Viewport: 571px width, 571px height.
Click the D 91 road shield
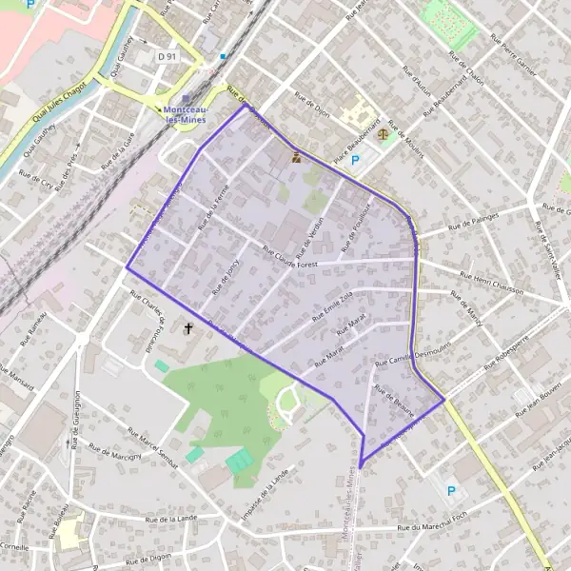tap(167, 57)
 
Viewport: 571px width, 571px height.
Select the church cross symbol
tap(188, 329)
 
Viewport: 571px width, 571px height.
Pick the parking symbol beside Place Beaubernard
tap(356, 161)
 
